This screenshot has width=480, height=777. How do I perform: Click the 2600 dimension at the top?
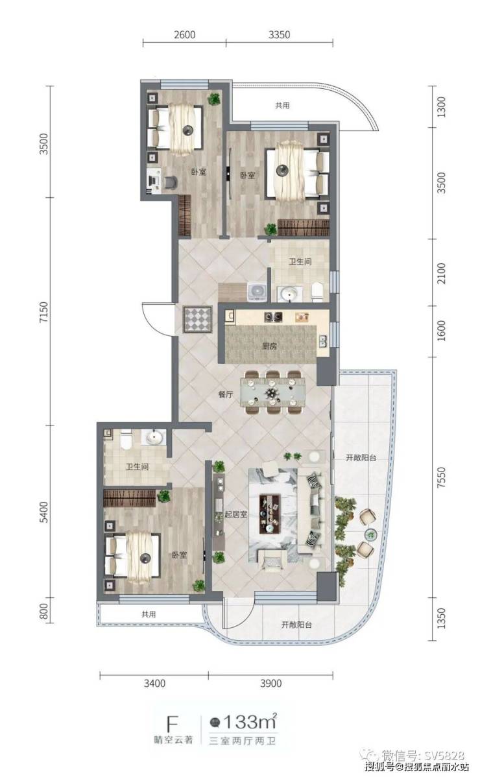click(184, 34)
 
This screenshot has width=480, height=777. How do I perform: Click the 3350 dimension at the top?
click(279, 34)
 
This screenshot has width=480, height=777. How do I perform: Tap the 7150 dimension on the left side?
click(45, 311)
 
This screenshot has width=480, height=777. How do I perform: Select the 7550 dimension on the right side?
click(441, 477)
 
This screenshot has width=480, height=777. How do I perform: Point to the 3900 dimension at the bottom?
click(270, 684)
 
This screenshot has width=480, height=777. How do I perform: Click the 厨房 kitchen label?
click(269, 346)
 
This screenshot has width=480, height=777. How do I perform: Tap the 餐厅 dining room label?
click(225, 394)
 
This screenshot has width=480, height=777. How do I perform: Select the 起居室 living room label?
click(235, 514)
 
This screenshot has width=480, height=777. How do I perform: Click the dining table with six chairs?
click(272, 392)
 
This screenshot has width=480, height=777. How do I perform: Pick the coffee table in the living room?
click(269, 514)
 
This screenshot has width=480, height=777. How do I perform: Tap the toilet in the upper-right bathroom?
click(317, 291)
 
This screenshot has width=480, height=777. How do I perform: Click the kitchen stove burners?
click(274, 316)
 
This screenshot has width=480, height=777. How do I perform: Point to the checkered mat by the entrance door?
click(197, 320)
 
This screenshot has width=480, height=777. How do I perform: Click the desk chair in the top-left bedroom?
click(170, 182)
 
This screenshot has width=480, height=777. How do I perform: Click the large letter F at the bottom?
click(172, 724)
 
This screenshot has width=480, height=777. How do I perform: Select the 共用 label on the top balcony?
click(282, 106)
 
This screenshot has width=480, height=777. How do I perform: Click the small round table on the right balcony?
click(370, 534)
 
